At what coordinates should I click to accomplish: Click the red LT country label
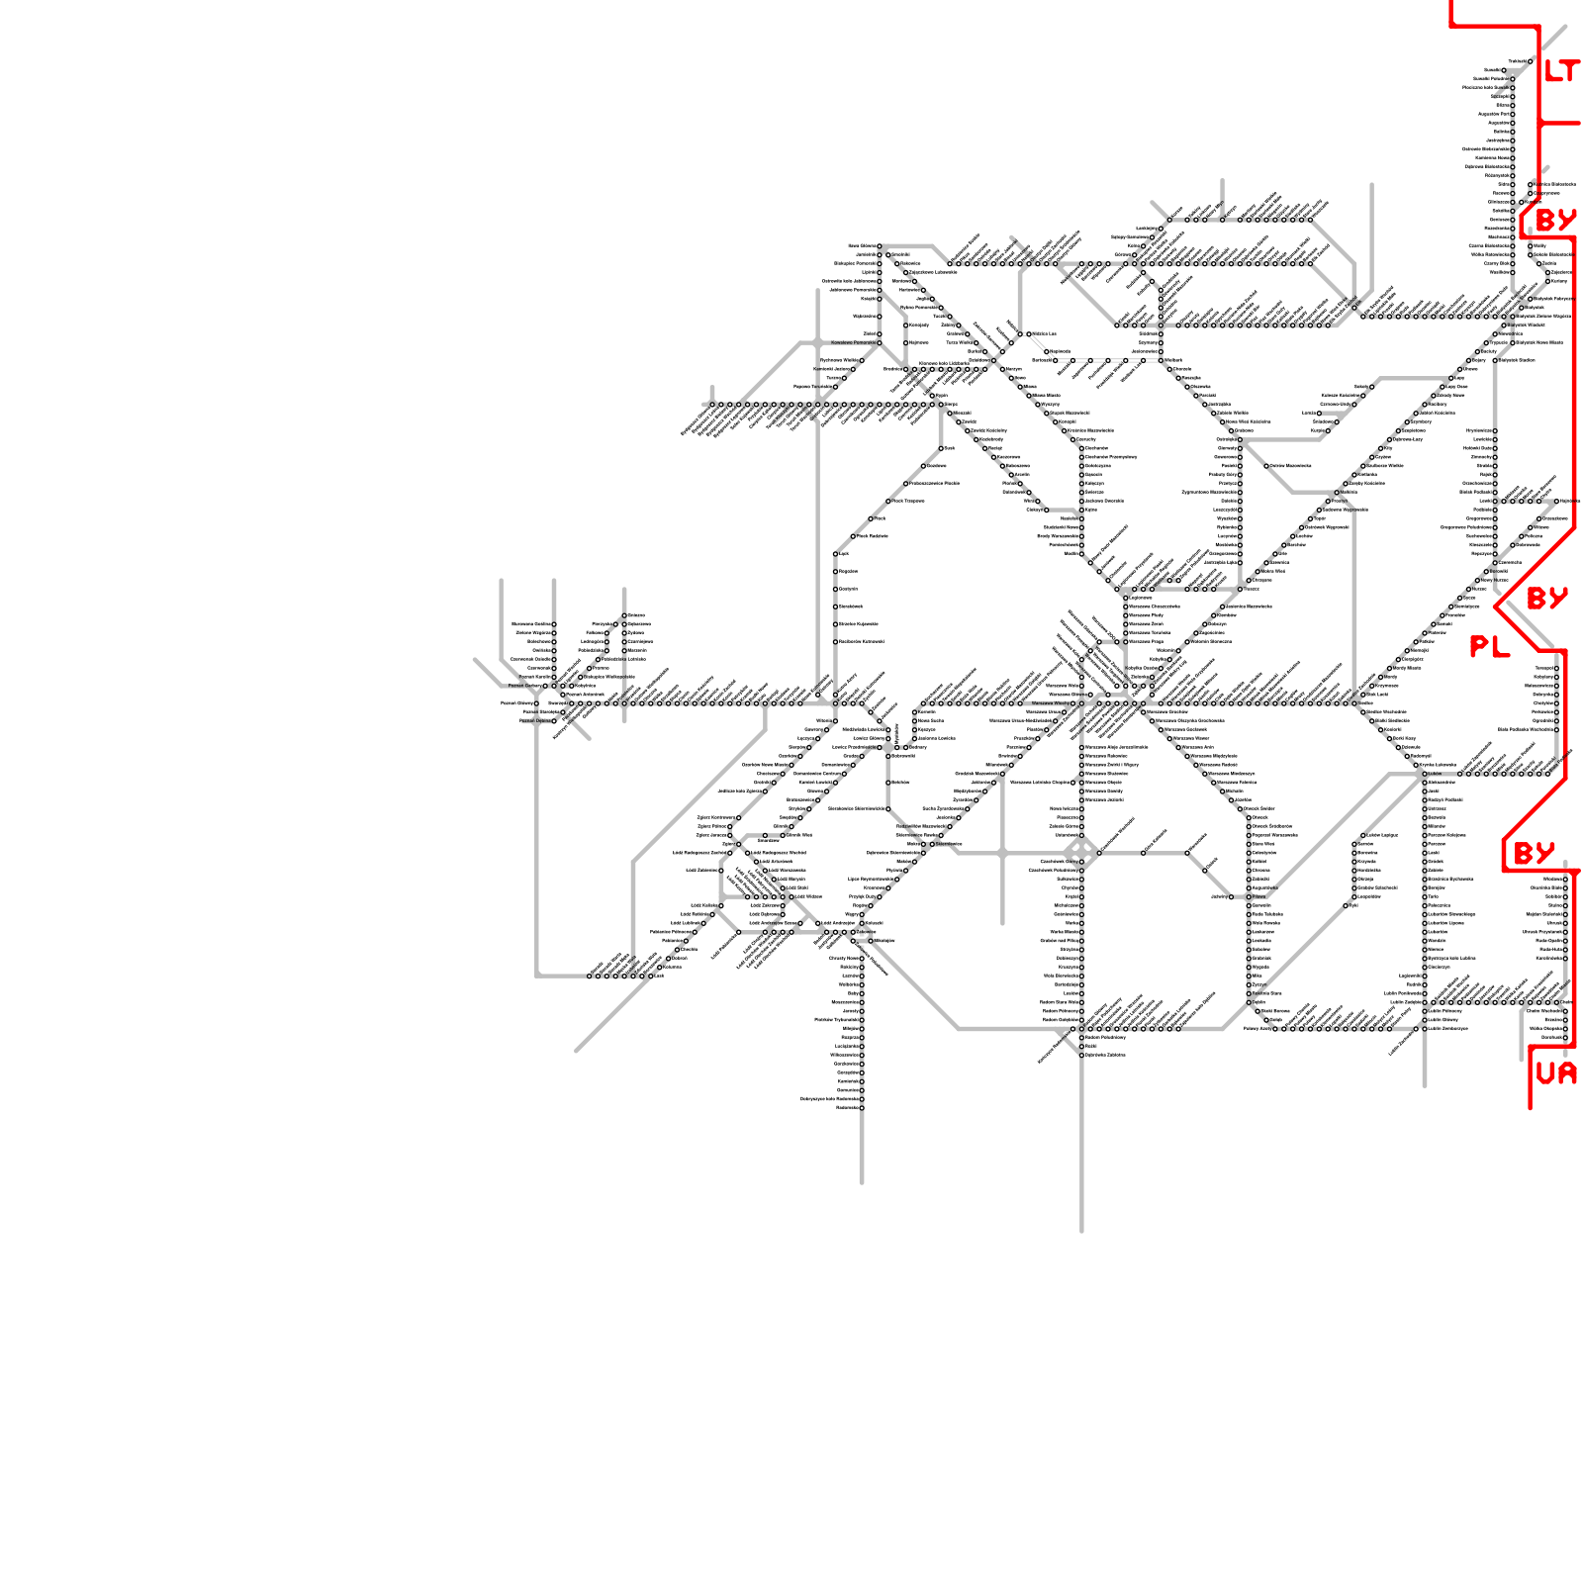pyautogui.click(x=1562, y=71)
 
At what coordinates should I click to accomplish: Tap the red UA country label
pyautogui.click(x=1555, y=1073)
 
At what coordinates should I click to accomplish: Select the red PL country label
pyautogui.click(x=1489, y=647)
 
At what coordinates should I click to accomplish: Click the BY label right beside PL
pyautogui.click(x=1547, y=599)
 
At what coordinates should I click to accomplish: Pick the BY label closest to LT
pyautogui.click(x=1555, y=220)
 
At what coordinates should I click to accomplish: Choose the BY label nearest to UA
pyautogui.click(x=1535, y=853)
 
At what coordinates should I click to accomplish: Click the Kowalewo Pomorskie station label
pyautogui.click(x=853, y=343)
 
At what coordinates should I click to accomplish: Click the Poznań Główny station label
pyautogui.click(x=517, y=703)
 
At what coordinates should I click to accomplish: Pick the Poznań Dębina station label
pyautogui.click(x=534, y=721)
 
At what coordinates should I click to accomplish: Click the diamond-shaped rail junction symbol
pyautogui.click(x=1079, y=852)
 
